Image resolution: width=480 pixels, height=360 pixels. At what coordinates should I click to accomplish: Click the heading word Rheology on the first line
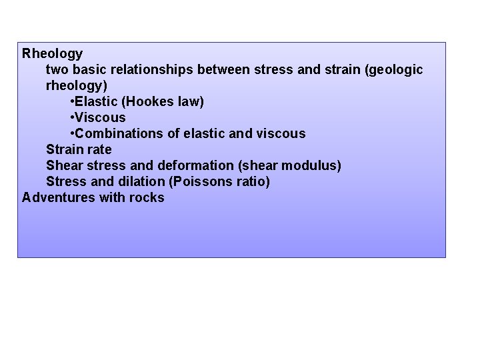pos(53,53)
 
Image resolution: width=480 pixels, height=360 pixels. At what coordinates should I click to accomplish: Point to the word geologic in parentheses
pos(394,69)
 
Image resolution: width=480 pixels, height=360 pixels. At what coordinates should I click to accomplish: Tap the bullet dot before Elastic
pos(72,101)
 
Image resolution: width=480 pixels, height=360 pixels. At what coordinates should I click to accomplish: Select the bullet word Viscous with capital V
pos(101,117)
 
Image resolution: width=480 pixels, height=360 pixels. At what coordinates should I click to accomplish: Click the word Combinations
pos(119,133)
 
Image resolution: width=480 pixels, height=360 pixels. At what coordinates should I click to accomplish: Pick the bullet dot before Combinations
pos(72,133)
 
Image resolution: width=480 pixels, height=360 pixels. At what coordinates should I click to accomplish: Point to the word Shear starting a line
pos(63,165)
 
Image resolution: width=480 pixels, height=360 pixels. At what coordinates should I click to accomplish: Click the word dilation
pos(143,181)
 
